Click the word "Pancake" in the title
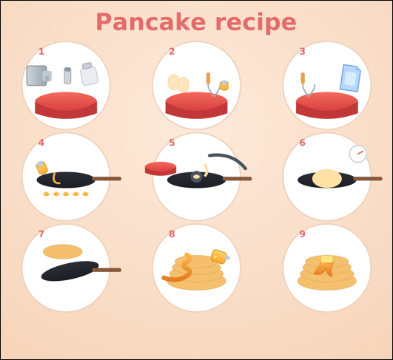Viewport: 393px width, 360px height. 151,21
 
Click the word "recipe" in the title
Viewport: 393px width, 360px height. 255,23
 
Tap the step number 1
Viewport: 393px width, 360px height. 41,52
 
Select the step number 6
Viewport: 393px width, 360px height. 302,143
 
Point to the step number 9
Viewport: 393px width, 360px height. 302,234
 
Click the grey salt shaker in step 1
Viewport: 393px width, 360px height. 67,75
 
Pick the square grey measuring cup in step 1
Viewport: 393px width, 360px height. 38,75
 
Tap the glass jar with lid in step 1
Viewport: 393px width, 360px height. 89,74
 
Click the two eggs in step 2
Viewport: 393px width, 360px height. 178,84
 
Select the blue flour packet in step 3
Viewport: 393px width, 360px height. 350,78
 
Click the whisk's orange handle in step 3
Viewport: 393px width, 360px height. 303,78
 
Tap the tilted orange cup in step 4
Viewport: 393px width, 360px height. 41,168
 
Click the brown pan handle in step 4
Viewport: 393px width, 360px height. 107,178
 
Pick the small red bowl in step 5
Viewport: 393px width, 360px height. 161,169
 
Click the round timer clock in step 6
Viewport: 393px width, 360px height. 358,154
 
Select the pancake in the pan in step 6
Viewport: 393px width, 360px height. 327,178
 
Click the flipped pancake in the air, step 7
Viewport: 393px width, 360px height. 63,251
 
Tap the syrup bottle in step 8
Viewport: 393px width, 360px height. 220,257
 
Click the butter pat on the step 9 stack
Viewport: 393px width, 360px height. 327,259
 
